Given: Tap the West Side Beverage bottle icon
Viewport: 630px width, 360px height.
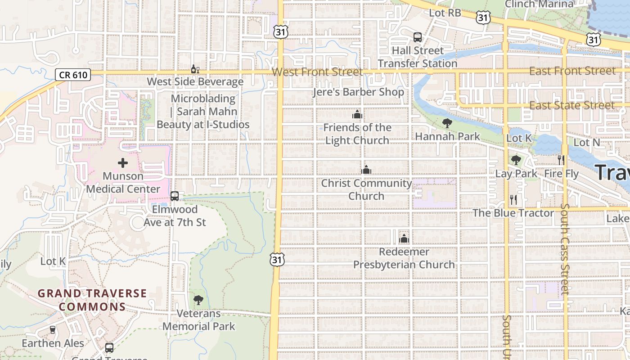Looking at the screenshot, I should pyautogui.click(x=195, y=69).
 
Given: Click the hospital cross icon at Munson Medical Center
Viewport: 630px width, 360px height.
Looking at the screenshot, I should pyautogui.click(x=123, y=163).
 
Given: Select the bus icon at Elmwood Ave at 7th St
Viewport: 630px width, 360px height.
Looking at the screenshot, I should pyautogui.click(x=175, y=196).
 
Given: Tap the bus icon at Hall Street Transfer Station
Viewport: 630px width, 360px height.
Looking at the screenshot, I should pyautogui.click(x=418, y=37).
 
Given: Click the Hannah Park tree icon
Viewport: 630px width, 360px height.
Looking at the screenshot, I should pyautogui.click(x=447, y=123).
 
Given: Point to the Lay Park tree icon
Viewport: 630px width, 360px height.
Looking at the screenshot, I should pyautogui.click(x=516, y=160).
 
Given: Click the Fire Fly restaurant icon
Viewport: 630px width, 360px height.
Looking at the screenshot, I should pyautogui.click(x=561, y=160).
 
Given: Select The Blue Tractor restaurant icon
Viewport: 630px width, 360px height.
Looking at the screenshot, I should pyautogui.click(x=513, y=199).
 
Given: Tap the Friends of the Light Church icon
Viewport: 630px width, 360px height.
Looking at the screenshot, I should pyautogui.click(x=357, y=115).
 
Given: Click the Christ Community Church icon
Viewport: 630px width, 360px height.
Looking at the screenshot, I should pyautogui.click(x=366, y=170).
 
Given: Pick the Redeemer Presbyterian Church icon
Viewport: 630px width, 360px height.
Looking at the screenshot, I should pyautogui.click(x=404, y=238).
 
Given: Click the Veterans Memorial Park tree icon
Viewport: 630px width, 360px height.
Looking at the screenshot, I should pyautogui.click(x=198, y=300).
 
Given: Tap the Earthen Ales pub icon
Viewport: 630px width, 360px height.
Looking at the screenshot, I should pyautogui.click(x=53, y=330).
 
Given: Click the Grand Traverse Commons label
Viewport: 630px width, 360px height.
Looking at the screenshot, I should pyautogui.click(x=92, y=300).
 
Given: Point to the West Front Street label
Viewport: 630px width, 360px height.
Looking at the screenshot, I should pyautogui.click(x=317, y=72).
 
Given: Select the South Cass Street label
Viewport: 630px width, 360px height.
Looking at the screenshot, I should pyautogui.click(x=565, y=250).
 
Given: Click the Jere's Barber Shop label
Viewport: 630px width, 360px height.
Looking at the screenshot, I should pyautogui.click(x=359, y=92).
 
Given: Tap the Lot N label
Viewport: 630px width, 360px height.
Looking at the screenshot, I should pyautogui.click(x=587, y=142).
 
